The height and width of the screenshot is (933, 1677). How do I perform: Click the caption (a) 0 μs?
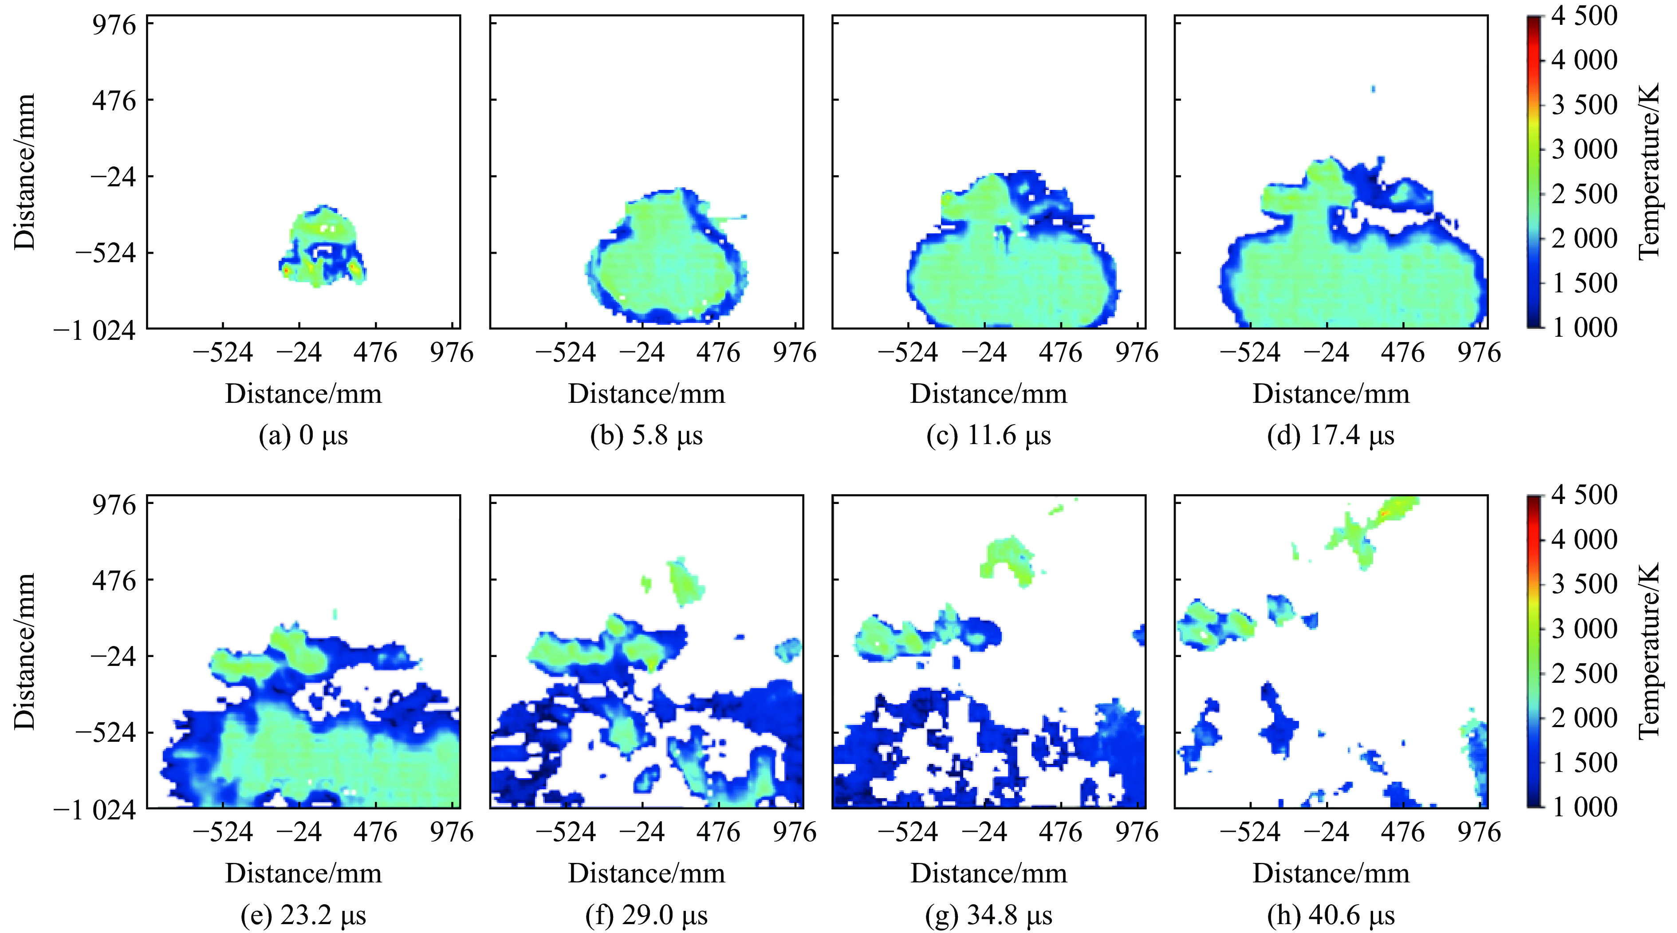click(303, 436)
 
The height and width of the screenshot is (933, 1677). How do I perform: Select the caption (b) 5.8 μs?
click(646, 436)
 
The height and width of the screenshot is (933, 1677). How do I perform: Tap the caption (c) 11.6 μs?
click(988, 436)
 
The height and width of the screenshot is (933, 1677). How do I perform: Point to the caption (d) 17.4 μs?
click(1331, 436)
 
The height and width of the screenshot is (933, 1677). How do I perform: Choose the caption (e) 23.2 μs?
click(303, 915)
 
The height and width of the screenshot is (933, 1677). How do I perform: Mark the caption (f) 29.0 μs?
click(646, 915)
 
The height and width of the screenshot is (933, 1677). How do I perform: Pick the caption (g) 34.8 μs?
click(988, 915)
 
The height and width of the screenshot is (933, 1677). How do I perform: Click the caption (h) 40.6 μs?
click(1331, 915)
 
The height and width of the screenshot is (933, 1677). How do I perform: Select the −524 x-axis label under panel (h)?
click(1250, 832)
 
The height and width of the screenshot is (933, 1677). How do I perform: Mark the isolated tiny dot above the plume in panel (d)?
click(1373, 89)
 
